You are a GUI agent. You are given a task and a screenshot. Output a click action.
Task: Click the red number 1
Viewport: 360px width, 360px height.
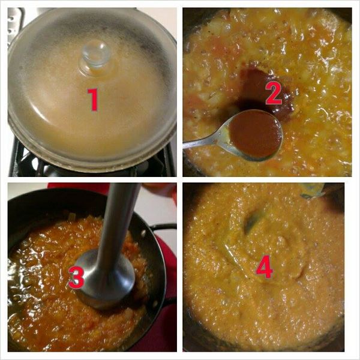click(x=93, y=100)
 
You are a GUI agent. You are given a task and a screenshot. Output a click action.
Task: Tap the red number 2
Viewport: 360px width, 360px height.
click(x=273, y=94)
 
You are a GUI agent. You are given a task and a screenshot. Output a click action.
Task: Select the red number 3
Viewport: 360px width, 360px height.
click(x=76, y=278)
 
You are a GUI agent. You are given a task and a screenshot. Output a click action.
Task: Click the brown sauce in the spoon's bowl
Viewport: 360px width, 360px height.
click(x=256, y=134)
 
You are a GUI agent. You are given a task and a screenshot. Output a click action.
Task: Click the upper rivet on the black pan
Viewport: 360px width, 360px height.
click(x=144, y=233)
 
